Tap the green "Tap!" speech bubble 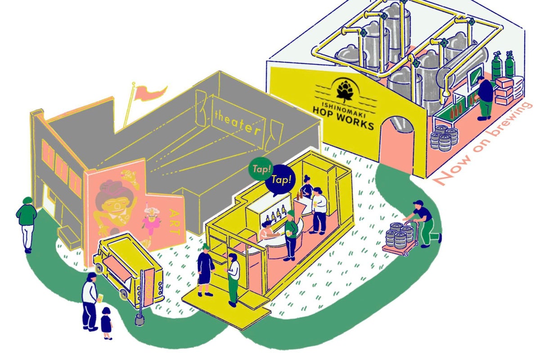click(x=261, y=169)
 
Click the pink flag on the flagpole click(x=150, y=92)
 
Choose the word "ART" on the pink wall click(x=174, y=222)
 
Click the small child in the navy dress click(x=106, y=323)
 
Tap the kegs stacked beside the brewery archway click(x=444, y=138)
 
